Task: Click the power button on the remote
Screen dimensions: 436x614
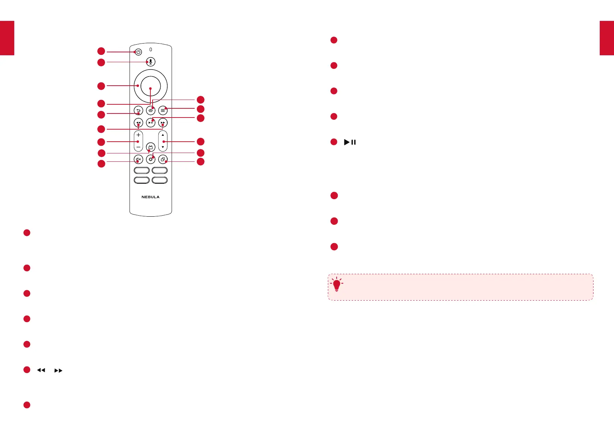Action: tap(138, 52)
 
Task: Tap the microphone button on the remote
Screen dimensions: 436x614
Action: tap(150, 62)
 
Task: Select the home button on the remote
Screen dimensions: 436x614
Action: tap(150, 110)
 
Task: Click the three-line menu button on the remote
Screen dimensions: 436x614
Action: tap(163, 110)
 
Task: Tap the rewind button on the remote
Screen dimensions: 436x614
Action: tap(138, 123)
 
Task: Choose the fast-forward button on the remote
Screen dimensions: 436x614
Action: tap(163, 123)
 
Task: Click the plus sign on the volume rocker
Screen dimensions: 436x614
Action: tap(138, 135)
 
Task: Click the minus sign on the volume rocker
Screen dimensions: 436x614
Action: tap(138, 147)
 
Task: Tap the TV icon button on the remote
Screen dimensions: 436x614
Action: tap(150, 147)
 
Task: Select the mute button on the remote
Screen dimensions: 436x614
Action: tap(138, 159)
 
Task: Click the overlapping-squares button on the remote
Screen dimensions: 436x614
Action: tap(163, 159)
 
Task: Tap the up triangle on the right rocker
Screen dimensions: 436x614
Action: tap(163, 135)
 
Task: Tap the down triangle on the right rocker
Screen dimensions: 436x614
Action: tap(163, 147)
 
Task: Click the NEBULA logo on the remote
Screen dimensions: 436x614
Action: tap(150, 197)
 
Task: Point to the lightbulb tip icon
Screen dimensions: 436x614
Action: tap(337, 284)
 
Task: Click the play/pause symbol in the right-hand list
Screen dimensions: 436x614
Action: tap(350, 142)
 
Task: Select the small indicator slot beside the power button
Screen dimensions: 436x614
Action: tap(150, 49)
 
